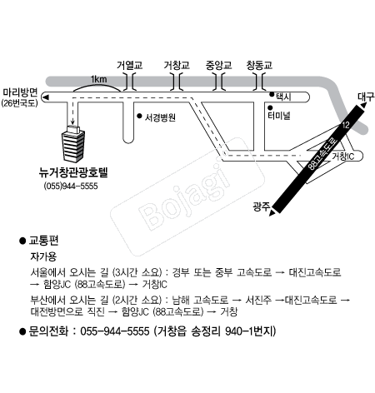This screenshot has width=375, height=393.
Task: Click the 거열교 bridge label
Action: [129, 65]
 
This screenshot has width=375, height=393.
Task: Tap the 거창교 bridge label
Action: [177, 65]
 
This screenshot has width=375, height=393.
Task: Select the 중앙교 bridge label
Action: [218, 65]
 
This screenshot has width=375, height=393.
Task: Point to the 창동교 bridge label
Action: [259, 65]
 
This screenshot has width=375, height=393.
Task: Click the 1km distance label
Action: [99, 79]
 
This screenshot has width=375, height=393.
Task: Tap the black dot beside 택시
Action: [272, 94]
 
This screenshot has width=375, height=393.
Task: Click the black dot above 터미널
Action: [270, 107]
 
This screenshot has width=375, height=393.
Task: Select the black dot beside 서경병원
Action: [139, 116]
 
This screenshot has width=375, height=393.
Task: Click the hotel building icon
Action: [73, 143]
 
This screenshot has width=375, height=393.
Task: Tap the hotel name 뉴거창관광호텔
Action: [73, 172]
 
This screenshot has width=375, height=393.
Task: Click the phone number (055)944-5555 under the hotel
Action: [71, 186]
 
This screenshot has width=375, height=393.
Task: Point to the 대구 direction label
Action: [366, 97]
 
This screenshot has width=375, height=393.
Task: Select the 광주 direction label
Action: [261, 206]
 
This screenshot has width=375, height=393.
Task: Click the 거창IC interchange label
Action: [343, 157]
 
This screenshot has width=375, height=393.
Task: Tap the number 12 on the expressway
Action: [346, 125]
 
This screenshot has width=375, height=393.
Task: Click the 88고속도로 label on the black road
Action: [323, 154]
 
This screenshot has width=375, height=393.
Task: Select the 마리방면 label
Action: [20, 92]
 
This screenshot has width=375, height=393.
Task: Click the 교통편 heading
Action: [43, 241]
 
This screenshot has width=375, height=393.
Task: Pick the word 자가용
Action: [43, 256]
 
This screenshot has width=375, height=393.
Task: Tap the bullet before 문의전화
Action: [22, 331]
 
